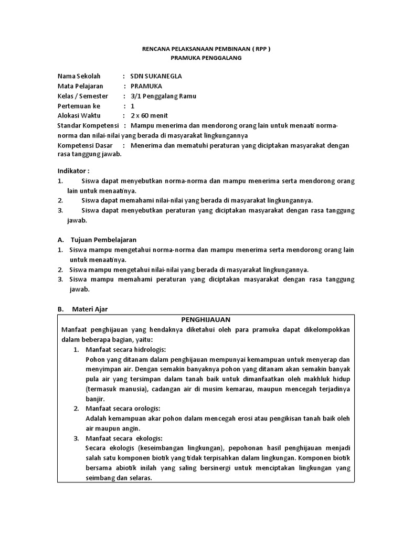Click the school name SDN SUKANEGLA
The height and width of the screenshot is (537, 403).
(156, 76)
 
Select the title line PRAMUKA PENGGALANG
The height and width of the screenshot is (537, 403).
(206, 58)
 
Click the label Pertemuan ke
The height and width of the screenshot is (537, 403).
(78, 106)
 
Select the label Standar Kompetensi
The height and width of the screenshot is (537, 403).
(88, 126)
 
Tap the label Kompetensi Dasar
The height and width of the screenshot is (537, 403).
(85, 145)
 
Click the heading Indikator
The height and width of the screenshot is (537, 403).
(73, 171)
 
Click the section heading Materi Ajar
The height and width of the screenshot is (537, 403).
(90, 309)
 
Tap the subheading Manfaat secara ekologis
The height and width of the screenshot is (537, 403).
(124, 438)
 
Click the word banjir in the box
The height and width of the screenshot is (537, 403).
(95, 399)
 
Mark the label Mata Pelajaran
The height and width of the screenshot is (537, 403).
(80, 86)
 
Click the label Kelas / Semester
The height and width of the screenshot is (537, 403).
(82, 96)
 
